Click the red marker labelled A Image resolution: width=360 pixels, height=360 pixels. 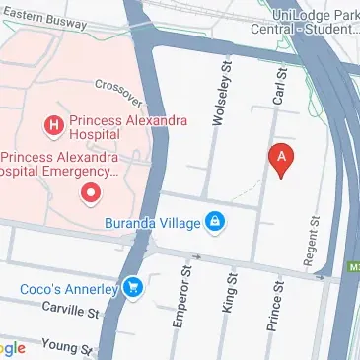coord(282,158)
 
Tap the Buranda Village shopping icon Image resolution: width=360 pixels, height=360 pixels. coord(213,222)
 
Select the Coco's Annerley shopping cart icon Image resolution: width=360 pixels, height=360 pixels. coord(135,288)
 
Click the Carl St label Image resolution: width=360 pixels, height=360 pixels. coord(279,88)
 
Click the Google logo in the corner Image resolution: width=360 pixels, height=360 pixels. coord(12,348)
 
